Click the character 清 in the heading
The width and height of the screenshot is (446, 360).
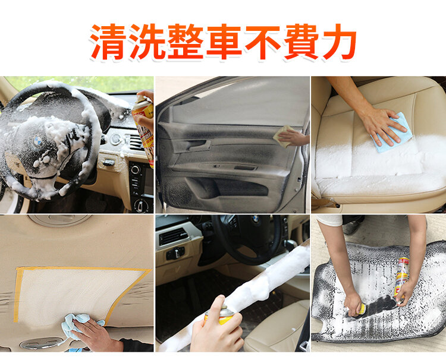pyautogui.click(x=108, y=42)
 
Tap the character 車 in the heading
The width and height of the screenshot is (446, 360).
pyautogui.click(x=224, y=42)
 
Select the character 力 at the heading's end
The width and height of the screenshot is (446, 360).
pyautogui.click(x=339, y=42)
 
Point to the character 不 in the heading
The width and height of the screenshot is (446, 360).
pyautogui.click(x=263, y=42)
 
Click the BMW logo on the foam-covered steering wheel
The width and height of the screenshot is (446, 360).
pyautogui.click(x=37, y=140)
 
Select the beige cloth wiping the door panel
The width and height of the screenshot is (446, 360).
pyautogui.click(x=282, y=136)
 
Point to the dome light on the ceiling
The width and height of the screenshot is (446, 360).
pyautogui.click(x=59, y=220)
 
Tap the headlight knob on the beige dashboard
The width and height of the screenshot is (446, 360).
pyautogui.click(x=175, y=253)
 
